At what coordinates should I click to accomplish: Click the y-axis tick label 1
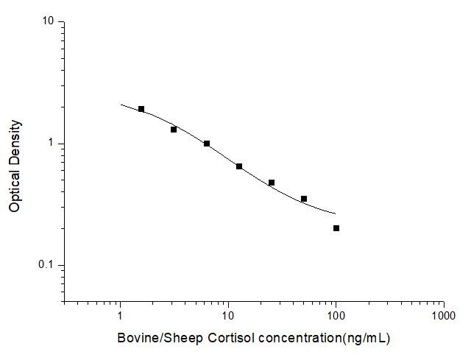tap(52, 144)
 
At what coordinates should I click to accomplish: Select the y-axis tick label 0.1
tap(48, 265)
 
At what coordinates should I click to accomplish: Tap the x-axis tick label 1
tap(120, 316)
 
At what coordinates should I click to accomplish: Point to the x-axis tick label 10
tap(228, 316)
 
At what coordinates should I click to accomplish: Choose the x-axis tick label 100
tap(336, 316)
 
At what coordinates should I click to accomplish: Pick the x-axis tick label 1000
tap(444, 316)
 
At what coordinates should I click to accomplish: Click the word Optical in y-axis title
tap(15, 193)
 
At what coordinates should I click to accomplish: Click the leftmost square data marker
tap(141, 109)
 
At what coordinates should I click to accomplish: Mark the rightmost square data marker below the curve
tap(336, 228)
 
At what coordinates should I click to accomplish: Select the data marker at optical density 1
tap(207, 144)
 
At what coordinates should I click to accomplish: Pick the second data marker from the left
tap(174, 130)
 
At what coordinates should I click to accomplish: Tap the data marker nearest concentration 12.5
tap(239, 166)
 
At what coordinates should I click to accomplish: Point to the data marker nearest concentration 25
tap(272, 183)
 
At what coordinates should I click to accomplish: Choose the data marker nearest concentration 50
tap(304, 199)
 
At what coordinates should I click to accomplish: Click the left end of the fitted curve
tap(121, 105)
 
